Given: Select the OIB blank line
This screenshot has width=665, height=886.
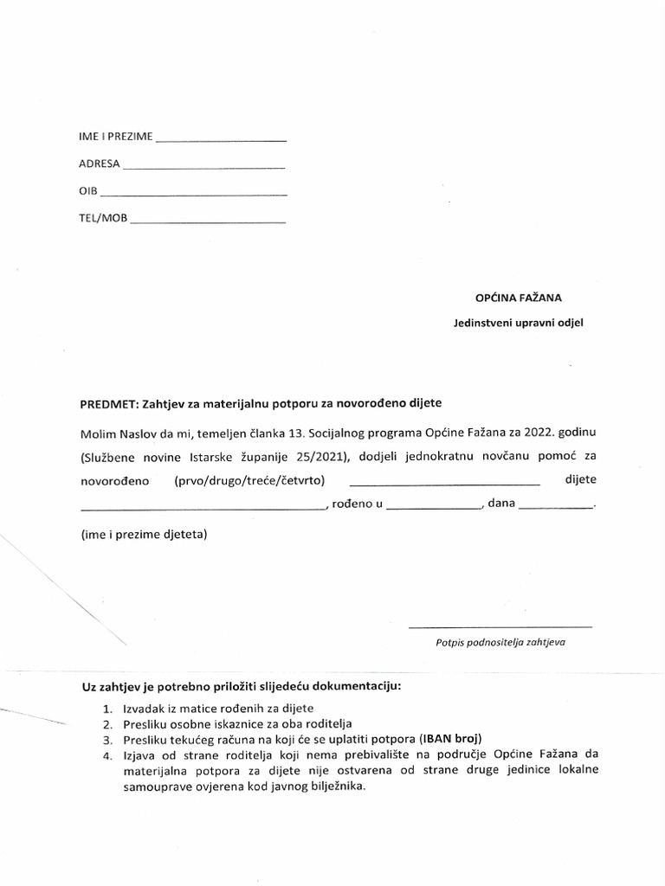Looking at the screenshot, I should [x=193, y=194].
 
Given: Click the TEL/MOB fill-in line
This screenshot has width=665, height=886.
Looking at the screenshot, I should [x=207, y=221].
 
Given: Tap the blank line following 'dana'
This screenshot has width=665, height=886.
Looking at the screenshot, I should [x=554, y=509].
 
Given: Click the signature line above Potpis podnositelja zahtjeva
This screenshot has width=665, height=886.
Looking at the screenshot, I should [x=500, y=625].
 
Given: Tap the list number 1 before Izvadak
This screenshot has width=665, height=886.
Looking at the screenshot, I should [x=106, y=708].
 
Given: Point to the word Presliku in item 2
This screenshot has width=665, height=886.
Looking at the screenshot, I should [x=146, y=723].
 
